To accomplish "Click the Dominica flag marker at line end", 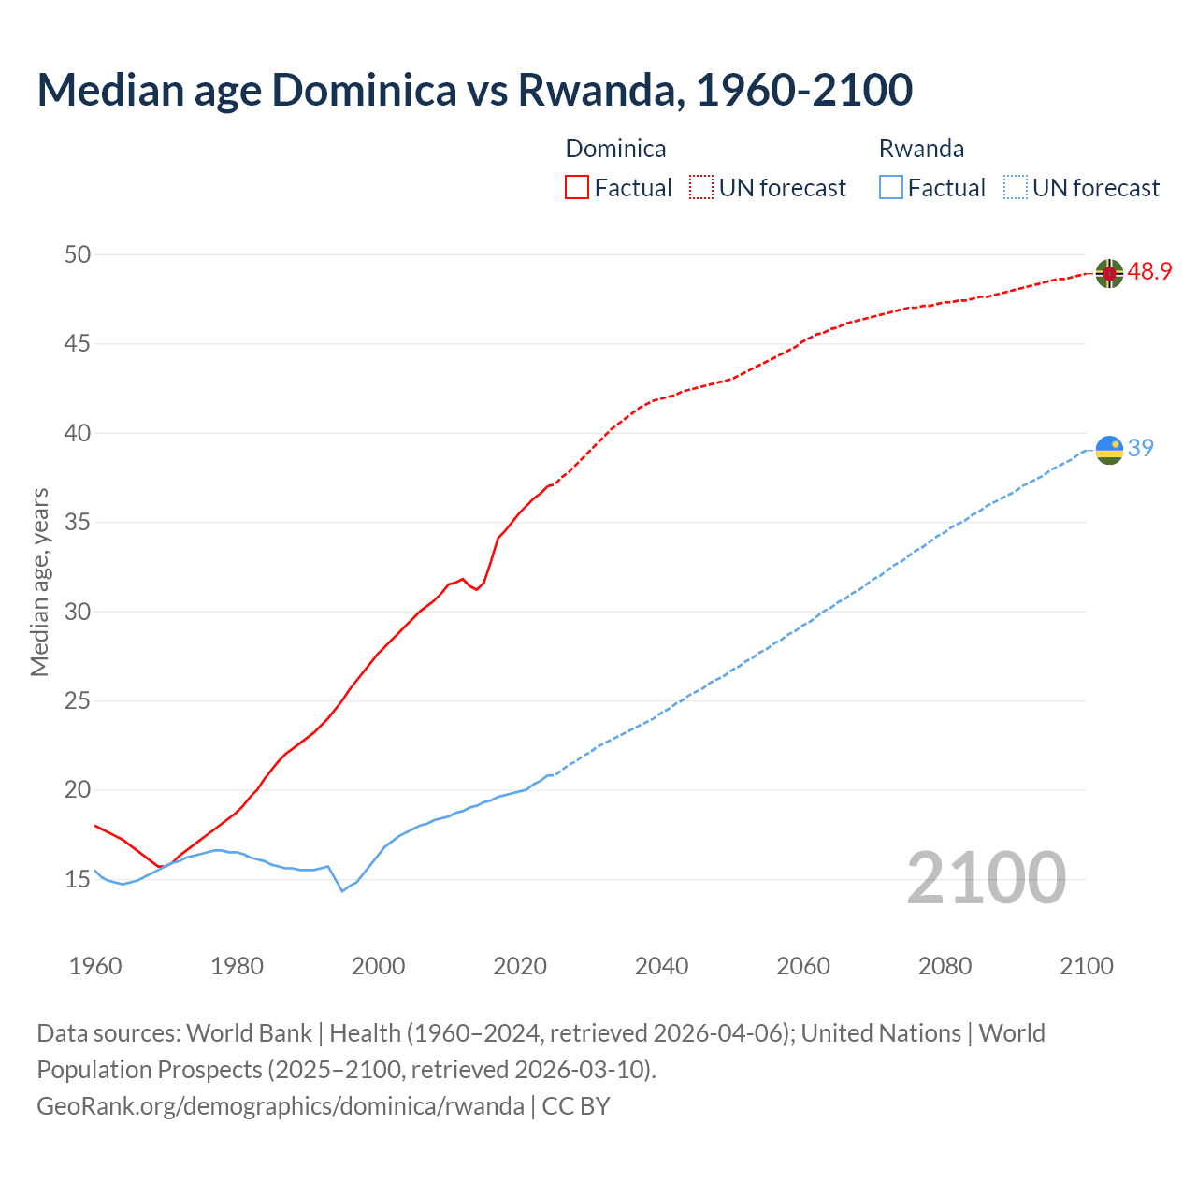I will click(1109, 273).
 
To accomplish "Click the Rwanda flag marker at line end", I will click(1109, 450).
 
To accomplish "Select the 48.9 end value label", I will click(1149, 272).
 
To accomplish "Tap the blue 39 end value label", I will click(1140, 449).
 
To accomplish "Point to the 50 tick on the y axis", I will click(78, 254).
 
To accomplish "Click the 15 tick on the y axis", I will click(78, 879).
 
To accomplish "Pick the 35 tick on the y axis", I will click(78, 522).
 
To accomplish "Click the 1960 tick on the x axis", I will click(95, 966).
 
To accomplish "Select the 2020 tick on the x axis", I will click(520, 966).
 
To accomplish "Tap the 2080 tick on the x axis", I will click(945, 966).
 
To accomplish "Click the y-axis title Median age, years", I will click(39, 582).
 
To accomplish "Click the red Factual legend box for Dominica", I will click(577, 188).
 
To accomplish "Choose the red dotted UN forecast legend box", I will click(701, 188).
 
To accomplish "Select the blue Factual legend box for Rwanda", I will click(891, 188).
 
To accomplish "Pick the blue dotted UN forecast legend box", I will click(1015, 188).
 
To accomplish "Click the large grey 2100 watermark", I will click(986, 878).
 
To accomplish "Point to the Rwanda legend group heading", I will click(921, 149).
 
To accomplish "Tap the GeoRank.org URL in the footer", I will click(281, 1105).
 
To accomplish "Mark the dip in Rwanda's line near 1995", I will click(342, 890).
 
